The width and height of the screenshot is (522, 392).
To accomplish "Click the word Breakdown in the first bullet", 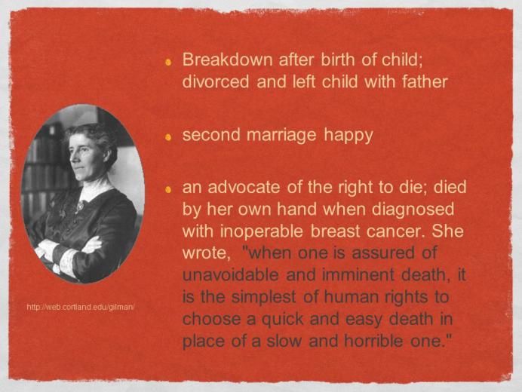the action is (227, 60).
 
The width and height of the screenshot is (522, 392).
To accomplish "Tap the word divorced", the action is (216, 82).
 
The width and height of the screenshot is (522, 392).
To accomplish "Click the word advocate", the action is (244, 188).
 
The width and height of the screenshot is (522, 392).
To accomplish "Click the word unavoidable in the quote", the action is (230, 275).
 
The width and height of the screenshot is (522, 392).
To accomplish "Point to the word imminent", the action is (358, 275).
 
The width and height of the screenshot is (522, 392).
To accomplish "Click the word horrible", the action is (373, 341).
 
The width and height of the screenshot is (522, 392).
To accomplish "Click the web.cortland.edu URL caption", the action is (81, 307).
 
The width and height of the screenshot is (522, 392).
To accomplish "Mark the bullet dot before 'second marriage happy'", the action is (168, 136).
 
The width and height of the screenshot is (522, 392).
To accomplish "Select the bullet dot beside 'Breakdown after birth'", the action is (168, 62).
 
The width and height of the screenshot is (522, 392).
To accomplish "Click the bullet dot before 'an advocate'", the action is (168, 189).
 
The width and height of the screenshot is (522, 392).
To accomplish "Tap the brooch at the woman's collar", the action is (79, 207).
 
